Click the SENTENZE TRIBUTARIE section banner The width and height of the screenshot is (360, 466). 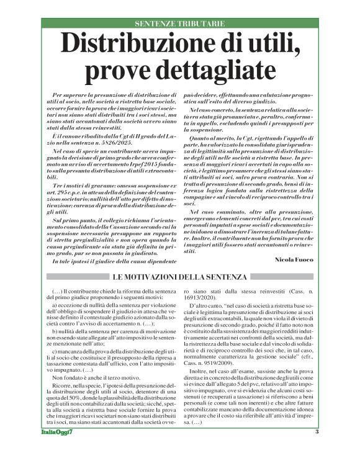[x=179, y=24]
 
